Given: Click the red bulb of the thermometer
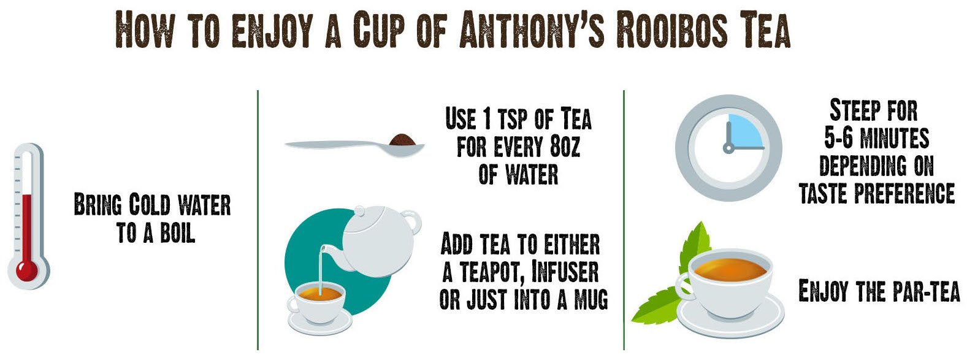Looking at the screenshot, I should coord(26,269).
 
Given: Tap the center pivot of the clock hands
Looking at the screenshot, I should coord(728,147).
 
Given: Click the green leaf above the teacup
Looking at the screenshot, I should coord(697,242).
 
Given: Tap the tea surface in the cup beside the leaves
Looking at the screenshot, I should coord(728,269).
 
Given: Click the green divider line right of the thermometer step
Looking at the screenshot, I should coord(258,221).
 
